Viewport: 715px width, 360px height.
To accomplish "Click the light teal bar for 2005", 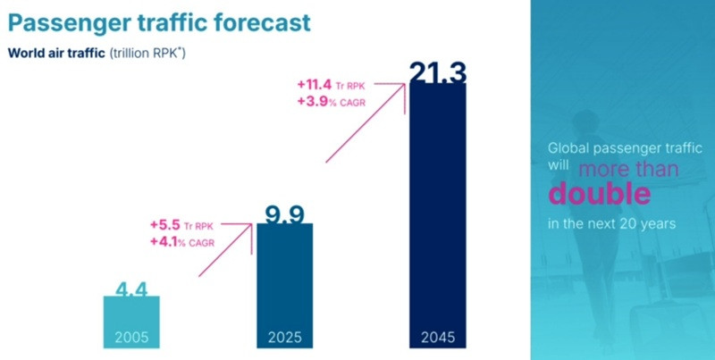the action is coord(131,322).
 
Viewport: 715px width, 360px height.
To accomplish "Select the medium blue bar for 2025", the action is coord(285,286).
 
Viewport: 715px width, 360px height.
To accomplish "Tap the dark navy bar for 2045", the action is coord(438,215).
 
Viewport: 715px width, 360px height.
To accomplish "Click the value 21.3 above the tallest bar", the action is coord(438,73).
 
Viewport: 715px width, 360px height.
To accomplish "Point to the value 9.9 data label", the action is coord(285,214).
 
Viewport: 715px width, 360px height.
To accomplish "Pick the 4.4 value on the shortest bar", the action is coord(131,289).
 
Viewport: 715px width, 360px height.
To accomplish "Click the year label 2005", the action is coord(131,337).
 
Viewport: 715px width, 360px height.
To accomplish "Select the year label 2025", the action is coord(285,337).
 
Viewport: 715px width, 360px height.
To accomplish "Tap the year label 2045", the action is coord(438,337).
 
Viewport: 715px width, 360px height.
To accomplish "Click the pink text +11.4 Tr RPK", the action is coord(331,85).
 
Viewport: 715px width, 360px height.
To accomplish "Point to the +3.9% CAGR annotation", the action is coord(331,102).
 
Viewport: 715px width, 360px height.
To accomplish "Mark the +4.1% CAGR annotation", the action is coord(182,242).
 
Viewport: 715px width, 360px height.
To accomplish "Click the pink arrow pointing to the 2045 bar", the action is coord(366,122).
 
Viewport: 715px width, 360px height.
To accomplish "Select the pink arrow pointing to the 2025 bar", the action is coord(225,250).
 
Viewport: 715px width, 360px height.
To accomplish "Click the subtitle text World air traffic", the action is coord(56,53).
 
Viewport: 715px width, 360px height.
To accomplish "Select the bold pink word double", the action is coord(599,192).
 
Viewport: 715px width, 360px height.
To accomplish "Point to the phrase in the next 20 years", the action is coord(611,223).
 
